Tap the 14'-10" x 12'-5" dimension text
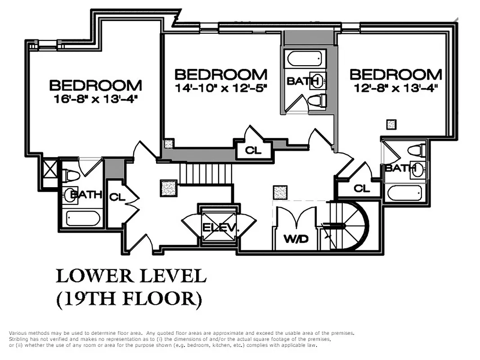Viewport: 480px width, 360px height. tap(220, 88)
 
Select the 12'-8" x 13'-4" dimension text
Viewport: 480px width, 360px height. tap(396, 88)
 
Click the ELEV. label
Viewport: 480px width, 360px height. tap(219, 228)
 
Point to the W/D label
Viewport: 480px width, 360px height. tap(296, 239)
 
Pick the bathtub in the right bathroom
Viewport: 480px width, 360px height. tap(405, 194)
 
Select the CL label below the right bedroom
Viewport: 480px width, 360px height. tap(361, 188)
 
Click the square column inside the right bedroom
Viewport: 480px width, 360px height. tap(391, 124)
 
